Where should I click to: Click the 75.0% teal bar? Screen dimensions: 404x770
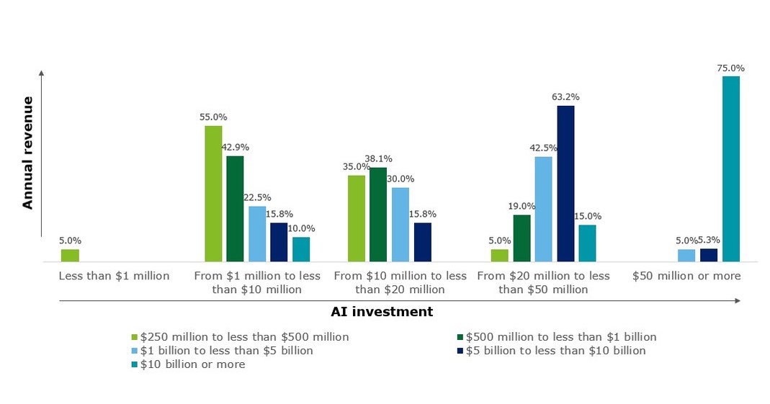tap(730, 169)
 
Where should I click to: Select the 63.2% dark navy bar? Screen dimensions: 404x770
tap(565, 184)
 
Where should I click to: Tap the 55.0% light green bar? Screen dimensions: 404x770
tap(213, 194)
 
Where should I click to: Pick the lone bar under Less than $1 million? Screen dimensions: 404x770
tap(70, 255)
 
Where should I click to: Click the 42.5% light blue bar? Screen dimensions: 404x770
tap(543, 209)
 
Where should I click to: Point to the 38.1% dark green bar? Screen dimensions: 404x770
tap(378, 215)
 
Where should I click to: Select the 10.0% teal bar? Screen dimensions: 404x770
tap(301, 249)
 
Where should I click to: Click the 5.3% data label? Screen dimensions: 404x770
tap(709, 240)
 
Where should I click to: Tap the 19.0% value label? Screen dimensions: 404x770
tap(522, 205)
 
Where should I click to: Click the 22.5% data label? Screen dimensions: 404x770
tap(257, 197)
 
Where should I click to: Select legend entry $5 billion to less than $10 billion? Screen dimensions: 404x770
tap(555, 351)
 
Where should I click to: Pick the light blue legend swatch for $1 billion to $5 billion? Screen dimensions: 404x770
tap(134, 351)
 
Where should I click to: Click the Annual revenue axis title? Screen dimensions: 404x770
tap(28, 153)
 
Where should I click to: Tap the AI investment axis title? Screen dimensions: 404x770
tap(382, 312)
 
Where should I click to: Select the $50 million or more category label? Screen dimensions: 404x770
tap(686, 276)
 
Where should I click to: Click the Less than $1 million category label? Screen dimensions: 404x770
tap(115, 276)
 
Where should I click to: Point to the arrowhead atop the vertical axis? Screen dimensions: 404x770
tap(42, 73)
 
